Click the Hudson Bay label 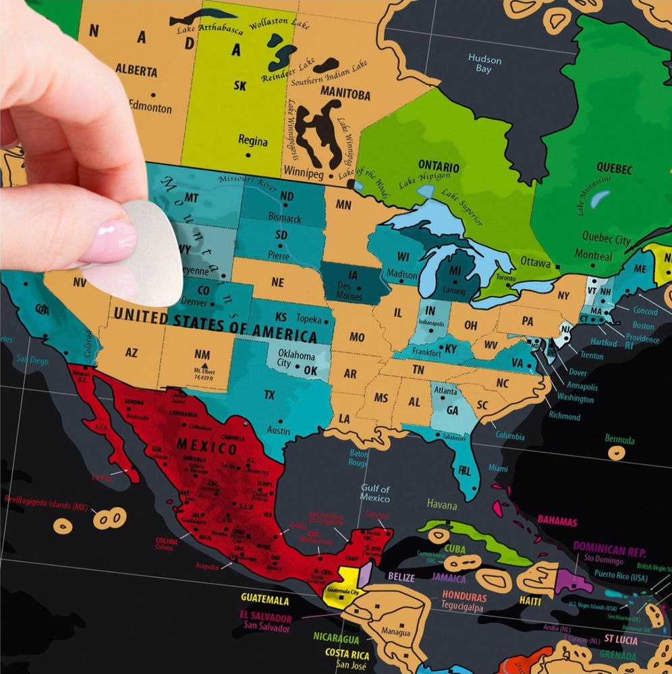(x=484, y=64)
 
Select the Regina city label (x=252, y=142)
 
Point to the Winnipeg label (x=304, y=171)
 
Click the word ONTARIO (x=439, y=166)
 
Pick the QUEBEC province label (x=613, y=168)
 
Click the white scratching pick (x=145, y=259)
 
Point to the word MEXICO (x=206, y=446)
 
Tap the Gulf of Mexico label (x=374, y=493)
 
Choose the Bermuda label (x=619, y=440)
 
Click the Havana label (x=441, y=505)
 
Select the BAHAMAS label (x=557, y=521)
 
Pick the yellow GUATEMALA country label (x=264, y=600)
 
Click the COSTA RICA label (x=346, y=653)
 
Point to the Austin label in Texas (x=279, y=430)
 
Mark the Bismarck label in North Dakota (x=285, y=218)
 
